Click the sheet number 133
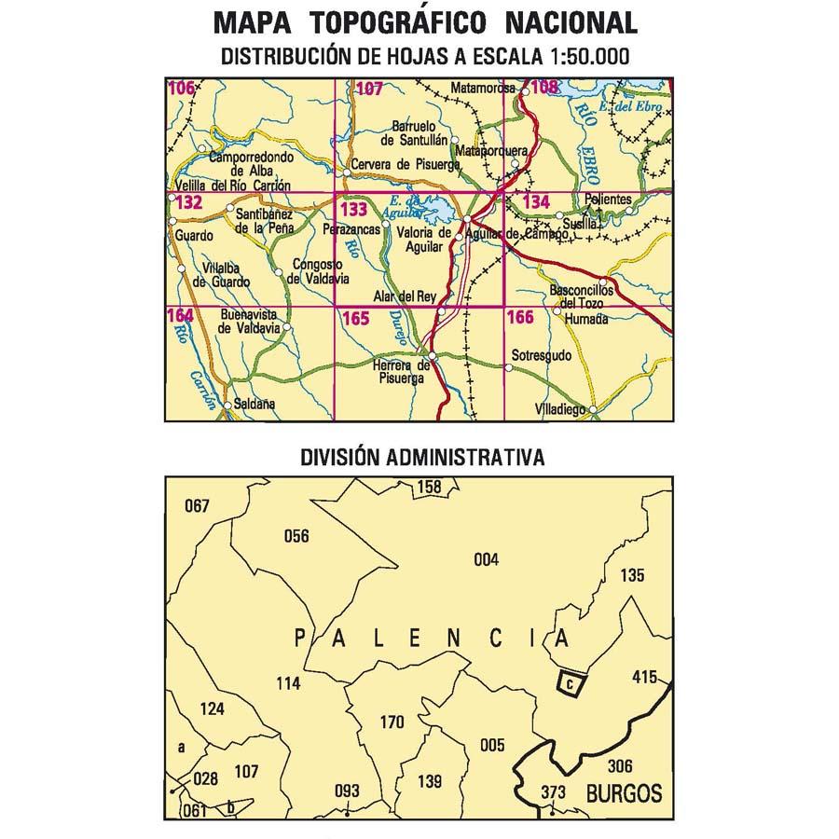(x=353, y=210)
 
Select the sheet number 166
(x=520, y=319)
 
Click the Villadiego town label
(x=561, y=409)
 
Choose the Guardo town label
(x=192, y=237)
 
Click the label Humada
(x=586, y=319)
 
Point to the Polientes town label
(x=608, y=199)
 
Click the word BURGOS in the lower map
(x=625, y=794)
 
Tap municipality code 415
(x=644, y=677)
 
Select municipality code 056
(x=296, y=535)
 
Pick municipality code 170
(x=392, y=721)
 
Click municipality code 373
(x=553, y=792)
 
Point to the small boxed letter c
(x=569, y=684)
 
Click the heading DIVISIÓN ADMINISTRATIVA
(x=422, y=458)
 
